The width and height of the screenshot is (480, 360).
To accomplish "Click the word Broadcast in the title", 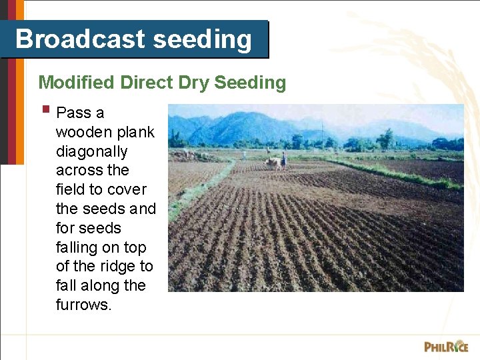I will [x=79, y=39].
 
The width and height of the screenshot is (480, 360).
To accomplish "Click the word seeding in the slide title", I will [x=202, y=39].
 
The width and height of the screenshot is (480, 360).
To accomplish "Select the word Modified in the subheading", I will [x=76, y=83].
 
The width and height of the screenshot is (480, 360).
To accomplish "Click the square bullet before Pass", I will [x=45, y=109].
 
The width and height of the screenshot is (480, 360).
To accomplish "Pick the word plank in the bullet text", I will [x=135, y=132].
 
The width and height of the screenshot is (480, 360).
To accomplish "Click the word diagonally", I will [x=91, y=151].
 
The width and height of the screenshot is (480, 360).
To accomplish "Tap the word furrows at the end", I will [x=83, y=305].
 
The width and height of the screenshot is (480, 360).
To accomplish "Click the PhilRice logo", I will [x=446, y=346].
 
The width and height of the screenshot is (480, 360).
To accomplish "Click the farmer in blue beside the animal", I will [x=283, y=160].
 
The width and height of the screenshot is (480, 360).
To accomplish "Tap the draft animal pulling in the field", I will [x=272, y=162].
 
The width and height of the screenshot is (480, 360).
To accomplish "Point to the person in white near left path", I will [x=244, y=155].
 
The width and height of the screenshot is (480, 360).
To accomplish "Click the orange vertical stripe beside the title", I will [x=19, y=80].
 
